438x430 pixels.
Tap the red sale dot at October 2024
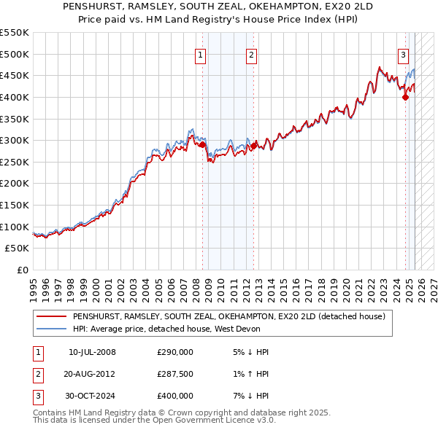405,97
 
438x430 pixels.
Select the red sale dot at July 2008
201,144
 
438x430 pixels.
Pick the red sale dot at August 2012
253,146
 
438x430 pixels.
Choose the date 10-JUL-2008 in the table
92,352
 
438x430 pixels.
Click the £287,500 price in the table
175,374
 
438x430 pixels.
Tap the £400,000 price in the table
175,396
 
